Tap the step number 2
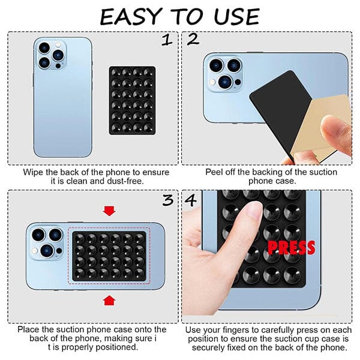click(x=193, y=41)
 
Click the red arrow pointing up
click(x=109, y=299)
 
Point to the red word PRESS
click(x=291, y=247)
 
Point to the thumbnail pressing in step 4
click(x=253, y=211)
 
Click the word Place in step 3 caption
click(x=29, y=329)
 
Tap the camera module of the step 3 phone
click(x=47, y=243)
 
